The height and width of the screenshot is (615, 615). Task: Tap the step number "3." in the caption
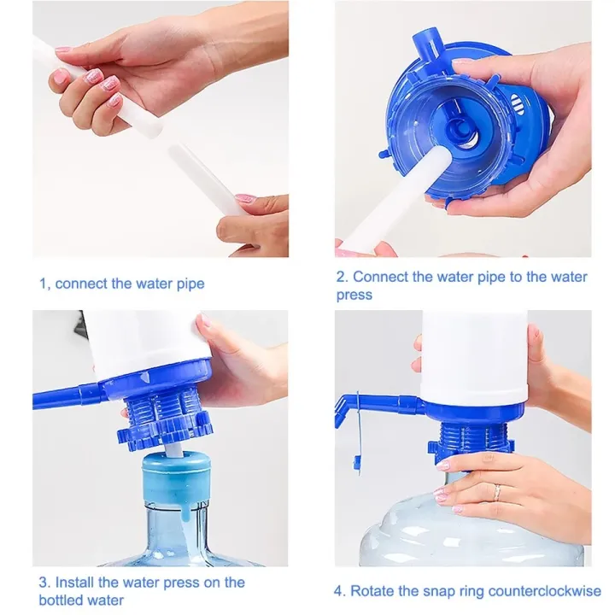(x=44, y=583)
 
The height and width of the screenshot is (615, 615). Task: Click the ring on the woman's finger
(x=496, y=494)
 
